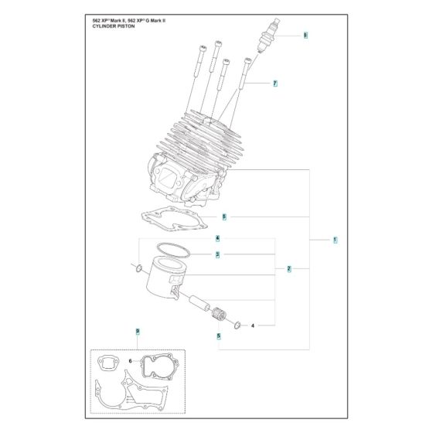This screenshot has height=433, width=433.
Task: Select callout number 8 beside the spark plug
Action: tap(305, 36)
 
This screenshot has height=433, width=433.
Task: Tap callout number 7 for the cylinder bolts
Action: tap(274, 83)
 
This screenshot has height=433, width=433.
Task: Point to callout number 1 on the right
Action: tap(335, 240)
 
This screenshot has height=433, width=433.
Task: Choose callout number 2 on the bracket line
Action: tap(288, 269)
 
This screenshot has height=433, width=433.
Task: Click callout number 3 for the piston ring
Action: tap(218, 254)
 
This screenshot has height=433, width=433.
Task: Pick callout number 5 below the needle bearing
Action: tap(219, 336)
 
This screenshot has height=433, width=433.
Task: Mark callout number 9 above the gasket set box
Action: tap(137, 332)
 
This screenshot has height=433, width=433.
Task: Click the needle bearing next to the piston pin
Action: tap(220, 315)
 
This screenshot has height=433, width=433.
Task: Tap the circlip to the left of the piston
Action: tap(137, 268)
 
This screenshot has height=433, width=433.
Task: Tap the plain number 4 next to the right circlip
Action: tap(253, 326)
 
